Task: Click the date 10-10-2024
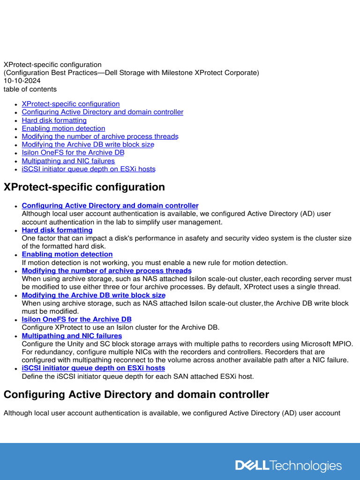pos(22,81)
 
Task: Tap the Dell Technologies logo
pos(288,465)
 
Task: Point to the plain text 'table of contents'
pos(30,89)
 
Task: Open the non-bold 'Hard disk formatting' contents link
pos(54,120)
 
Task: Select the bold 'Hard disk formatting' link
pos(57,230)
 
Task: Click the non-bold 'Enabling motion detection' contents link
pos(63,128)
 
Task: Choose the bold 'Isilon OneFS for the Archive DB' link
pos(76,320)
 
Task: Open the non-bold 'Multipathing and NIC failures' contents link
pos(68,161)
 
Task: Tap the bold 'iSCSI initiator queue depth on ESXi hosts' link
pos(93,368)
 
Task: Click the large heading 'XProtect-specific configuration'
pos(84,187)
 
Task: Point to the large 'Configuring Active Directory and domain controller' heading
pos(136,395)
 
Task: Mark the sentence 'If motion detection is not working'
pos(155,262)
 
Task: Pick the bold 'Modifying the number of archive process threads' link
pos(106,271)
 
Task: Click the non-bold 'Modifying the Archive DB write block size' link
pos(88,144)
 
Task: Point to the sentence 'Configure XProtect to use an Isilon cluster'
pos(120,328)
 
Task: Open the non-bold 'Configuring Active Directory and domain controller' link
pos(102,112)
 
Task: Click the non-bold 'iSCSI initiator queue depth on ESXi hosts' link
pos(88,169)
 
